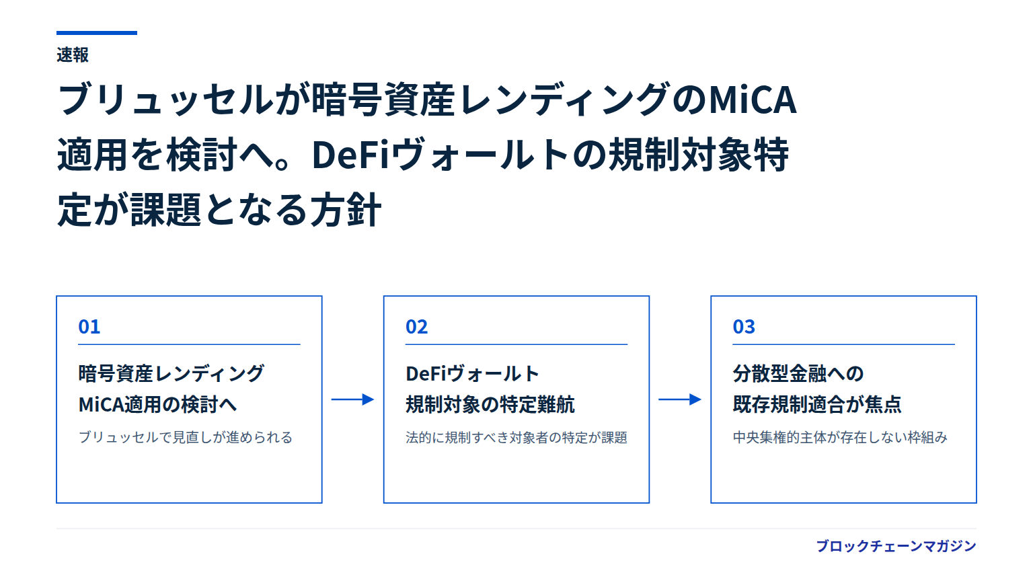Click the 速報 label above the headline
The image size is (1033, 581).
point(73,55)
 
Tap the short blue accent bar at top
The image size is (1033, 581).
point(97,33)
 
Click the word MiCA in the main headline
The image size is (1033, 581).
point(753,100)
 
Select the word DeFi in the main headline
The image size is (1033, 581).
point(350,155)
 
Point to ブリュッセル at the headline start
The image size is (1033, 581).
point(166,100)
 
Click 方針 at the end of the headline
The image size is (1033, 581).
point(346,210)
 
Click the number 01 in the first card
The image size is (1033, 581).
point(89,327)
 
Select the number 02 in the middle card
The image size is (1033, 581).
point(416,327)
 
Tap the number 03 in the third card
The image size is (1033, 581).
point(744,327)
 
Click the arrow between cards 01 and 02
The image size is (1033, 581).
point(352,399)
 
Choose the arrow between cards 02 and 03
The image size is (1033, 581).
point(680,399)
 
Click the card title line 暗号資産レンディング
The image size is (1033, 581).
point(171,373)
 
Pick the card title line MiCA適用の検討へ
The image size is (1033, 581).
point(158,405)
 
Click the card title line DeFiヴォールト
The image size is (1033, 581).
point(472,373)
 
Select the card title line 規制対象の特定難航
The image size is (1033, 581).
point(490,405)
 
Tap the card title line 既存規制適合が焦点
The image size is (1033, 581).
point(817,405)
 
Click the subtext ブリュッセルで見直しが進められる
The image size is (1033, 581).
point(186,437)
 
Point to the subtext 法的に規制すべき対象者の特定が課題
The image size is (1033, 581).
point(516,437)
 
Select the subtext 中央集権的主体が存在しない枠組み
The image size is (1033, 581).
point(840,437)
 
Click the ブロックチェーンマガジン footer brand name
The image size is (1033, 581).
point(896,546)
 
